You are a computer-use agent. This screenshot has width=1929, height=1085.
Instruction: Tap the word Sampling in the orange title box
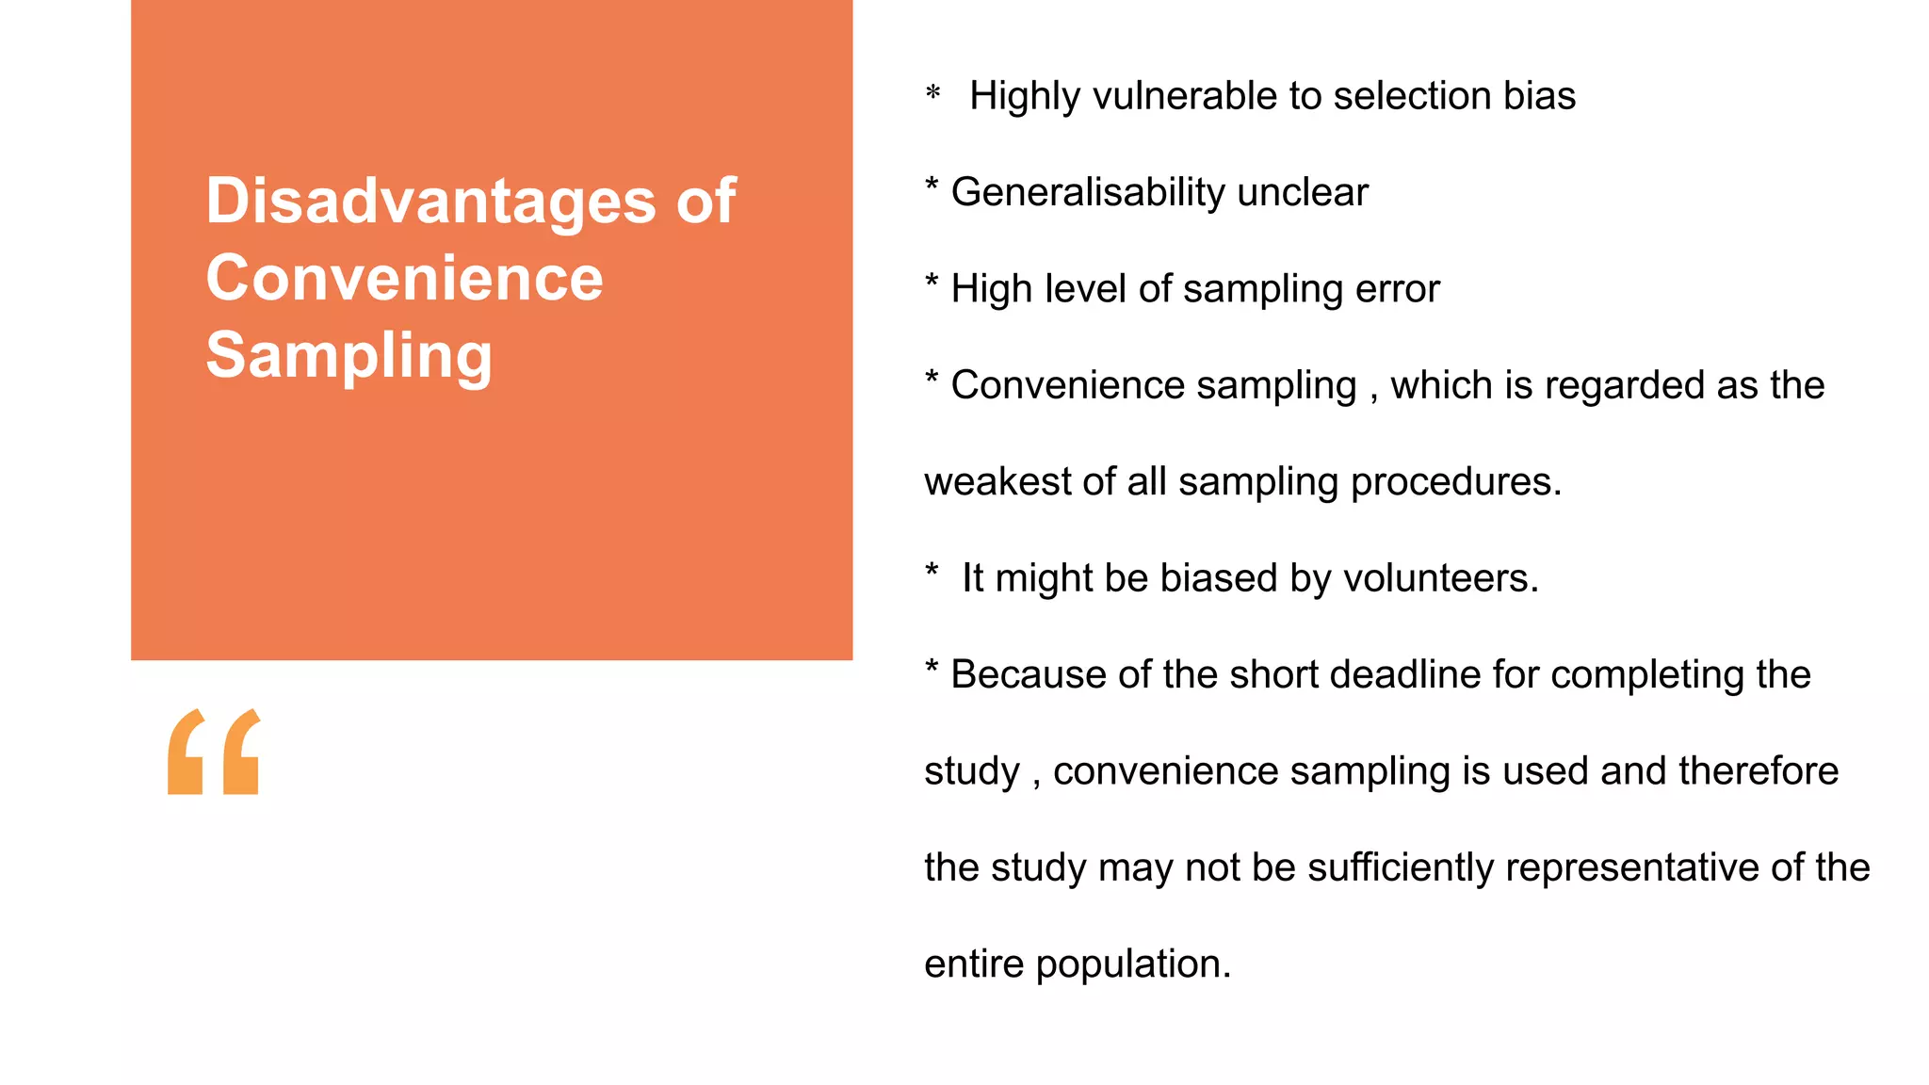349,356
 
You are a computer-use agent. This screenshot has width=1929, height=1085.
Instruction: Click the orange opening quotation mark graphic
214,752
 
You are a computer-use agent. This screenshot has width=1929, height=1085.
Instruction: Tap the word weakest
997,481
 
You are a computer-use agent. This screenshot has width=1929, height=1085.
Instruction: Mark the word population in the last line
1133,964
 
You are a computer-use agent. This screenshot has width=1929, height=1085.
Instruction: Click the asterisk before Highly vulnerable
932,93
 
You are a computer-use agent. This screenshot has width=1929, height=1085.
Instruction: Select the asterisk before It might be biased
932,572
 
